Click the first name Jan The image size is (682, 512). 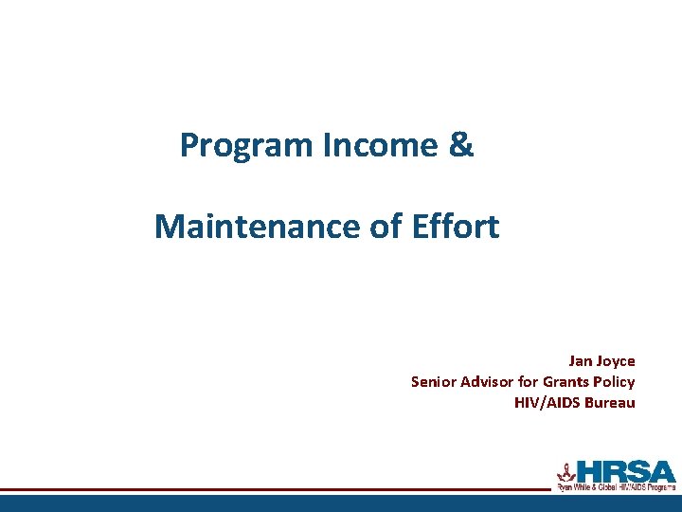tap(580, 361)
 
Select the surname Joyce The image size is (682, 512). tap(616, 361)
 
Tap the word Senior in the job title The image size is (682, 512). tap(434, 382)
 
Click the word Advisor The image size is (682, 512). tap(489, 382)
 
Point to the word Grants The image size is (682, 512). tap(566, 382)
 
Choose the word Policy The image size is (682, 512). tap(614, 382)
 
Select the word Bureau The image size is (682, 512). tap(610, 403)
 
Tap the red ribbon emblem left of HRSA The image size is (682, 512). tap(566, 470)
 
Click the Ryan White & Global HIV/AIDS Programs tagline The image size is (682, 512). tap(616, 487)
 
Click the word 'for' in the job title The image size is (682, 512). tap(529, 382)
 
